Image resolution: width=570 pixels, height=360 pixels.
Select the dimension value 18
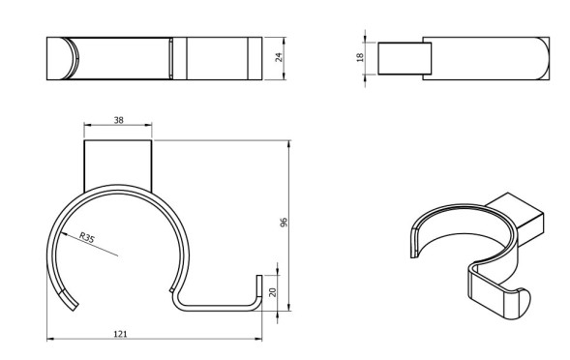pos(359,58)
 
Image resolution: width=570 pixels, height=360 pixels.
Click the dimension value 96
pos(284,222)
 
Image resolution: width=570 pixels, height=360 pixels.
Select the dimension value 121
pos(121,333)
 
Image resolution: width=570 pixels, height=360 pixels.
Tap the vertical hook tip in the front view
pos(258,288)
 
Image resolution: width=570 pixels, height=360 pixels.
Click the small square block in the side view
pos(398,59)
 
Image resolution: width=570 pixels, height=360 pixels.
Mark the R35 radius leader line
pos(98,245)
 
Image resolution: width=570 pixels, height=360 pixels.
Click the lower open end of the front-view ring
pos(73,305)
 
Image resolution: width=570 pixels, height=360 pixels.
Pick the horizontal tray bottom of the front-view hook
pos(218,310)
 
